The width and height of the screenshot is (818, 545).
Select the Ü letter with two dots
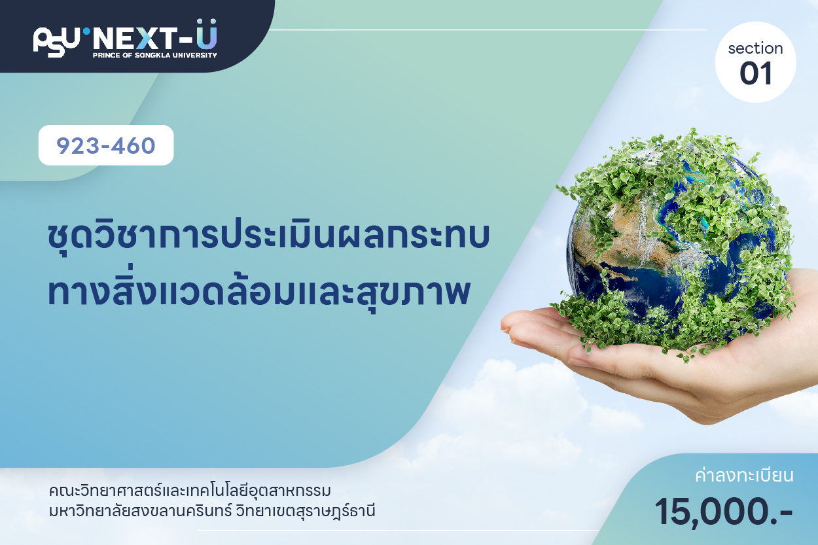point(207,34)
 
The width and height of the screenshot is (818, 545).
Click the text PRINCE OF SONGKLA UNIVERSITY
point(155,55)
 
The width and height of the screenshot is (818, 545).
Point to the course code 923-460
point(106,146)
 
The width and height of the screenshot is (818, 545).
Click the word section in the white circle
point(755,48)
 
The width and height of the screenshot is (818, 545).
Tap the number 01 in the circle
point(756,73)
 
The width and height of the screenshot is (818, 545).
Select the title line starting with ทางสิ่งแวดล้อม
point(258,291)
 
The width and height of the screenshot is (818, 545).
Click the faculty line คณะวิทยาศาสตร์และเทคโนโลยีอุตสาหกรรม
point(190,491)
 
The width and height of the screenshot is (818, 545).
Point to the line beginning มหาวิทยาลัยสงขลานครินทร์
point(212,511)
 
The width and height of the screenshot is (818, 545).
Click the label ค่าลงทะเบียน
point(744,476)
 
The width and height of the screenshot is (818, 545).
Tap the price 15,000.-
point(724,512)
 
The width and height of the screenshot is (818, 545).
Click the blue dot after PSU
point(86,31)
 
